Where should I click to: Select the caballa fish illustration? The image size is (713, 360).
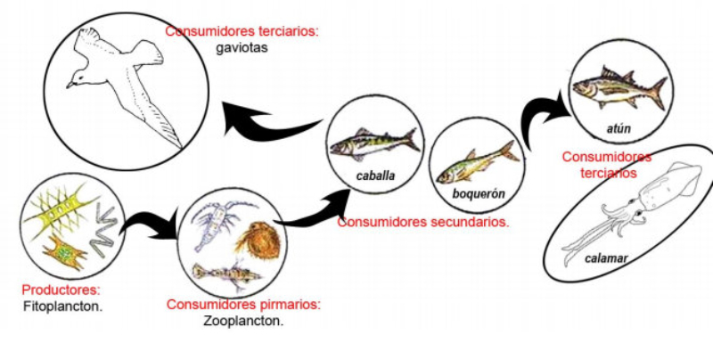pyautogui.click(x=373, y=143)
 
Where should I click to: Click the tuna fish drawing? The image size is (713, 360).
pyautogui.click(x=618, y=87)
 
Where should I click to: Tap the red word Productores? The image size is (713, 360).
pyautogui.click(x=61, y=290)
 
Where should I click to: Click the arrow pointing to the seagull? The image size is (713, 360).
pyautogui.click(x=267, y=120)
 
